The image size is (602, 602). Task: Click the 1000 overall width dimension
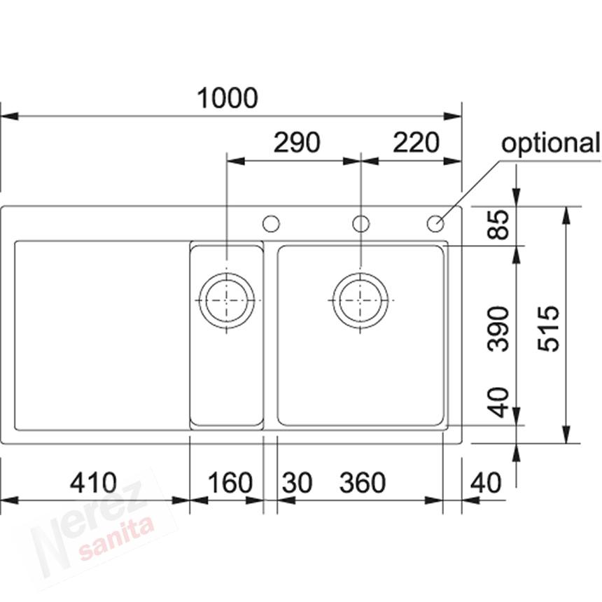pos(227,98)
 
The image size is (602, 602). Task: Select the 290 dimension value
pos(297,142)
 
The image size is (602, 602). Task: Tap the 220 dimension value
pos(416,142)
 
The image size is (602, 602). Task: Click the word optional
pos(551,143)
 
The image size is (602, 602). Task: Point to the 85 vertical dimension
pos(498,224)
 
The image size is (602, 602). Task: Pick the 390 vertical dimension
pos(498,328)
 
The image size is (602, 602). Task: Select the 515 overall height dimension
pos(548,328)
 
